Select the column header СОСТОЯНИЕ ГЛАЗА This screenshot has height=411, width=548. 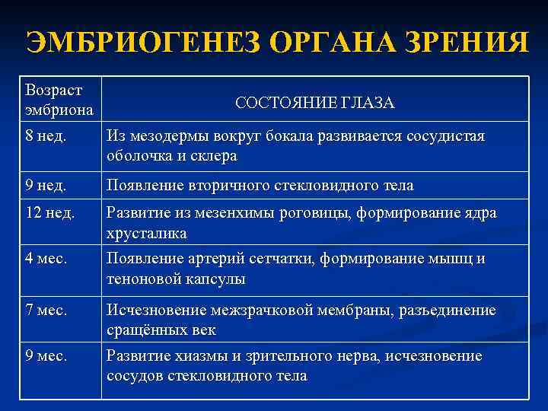pyautogui.click(x=314, y=103)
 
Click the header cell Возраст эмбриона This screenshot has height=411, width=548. pyautogui.click(x=59, y=100)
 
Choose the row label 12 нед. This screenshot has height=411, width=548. pyautogui.click(x=50, y=213)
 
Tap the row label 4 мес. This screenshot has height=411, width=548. pyautogui.click(x=47, y=260)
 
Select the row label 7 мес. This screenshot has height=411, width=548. pyautogui.click(x=47, y=311)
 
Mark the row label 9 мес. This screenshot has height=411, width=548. pyautogui.click(x=47, y=356)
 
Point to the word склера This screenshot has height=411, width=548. pyautogui.click(x=215, y=156)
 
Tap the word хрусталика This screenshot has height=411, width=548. pyautogui.click(x=148, y=233)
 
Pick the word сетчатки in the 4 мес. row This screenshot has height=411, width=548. pyautogui.click(x=280, y=260)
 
